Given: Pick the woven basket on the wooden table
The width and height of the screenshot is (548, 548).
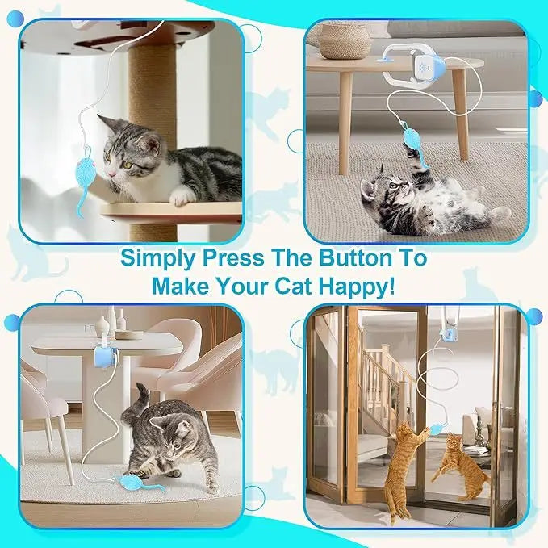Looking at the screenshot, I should (x=346, y=40).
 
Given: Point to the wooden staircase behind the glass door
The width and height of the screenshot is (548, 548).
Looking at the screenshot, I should (x=383, y=379).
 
